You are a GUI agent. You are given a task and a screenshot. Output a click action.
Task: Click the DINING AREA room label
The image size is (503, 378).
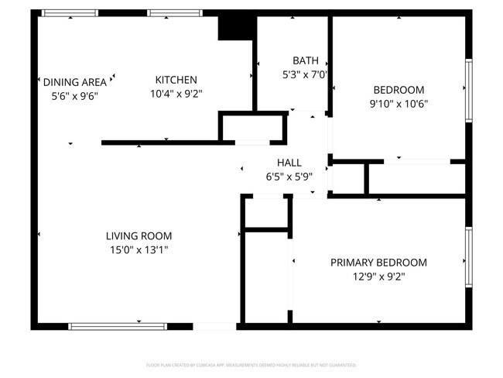point(74,82)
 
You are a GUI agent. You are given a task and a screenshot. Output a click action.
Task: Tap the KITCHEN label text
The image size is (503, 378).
point(176,80)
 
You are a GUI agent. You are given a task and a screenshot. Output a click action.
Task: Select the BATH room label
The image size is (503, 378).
point(304,60)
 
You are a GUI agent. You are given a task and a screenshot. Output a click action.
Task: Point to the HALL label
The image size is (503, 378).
point(289,163)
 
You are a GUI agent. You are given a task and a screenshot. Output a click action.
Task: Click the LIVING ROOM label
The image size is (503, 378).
point(139,236)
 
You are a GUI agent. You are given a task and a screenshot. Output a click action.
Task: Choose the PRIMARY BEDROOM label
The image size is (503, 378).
point(378,263)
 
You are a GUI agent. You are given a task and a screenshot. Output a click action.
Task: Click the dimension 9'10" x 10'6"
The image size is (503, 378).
point(399,103)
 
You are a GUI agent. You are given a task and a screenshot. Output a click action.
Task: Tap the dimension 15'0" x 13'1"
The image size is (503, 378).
point(139,249)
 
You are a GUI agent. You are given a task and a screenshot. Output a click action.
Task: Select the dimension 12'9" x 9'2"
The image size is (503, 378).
point(378,276)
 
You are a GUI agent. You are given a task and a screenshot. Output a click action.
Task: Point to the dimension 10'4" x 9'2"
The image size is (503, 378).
point(176,94)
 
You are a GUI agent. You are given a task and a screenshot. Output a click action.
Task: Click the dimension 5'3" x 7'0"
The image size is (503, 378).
point(304,75)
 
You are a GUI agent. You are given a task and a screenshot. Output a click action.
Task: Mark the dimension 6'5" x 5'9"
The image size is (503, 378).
point(289,176)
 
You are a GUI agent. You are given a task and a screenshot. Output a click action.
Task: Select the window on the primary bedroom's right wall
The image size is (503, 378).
point(468,258)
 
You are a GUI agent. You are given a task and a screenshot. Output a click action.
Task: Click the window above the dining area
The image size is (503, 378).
point(70,13)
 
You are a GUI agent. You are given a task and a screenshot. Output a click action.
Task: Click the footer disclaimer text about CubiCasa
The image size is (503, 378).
point(251,364)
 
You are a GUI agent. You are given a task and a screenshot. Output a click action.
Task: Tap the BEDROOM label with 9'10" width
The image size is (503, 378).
point(399,89)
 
